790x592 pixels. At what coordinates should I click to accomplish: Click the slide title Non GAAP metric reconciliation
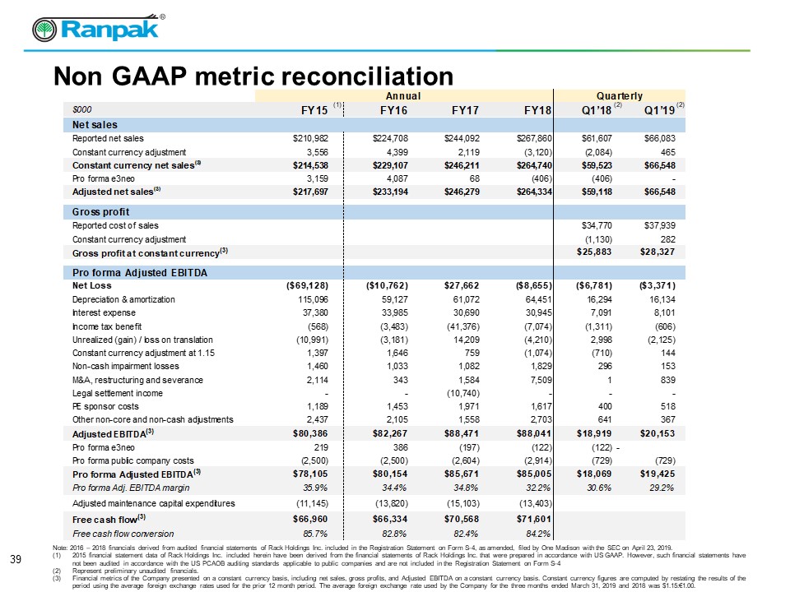pos(253,76)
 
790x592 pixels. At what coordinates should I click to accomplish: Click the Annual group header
pos(403,95)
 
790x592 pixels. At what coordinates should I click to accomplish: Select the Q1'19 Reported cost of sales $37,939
pos(655,224)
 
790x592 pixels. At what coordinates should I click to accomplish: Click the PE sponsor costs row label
pos(107,406)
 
